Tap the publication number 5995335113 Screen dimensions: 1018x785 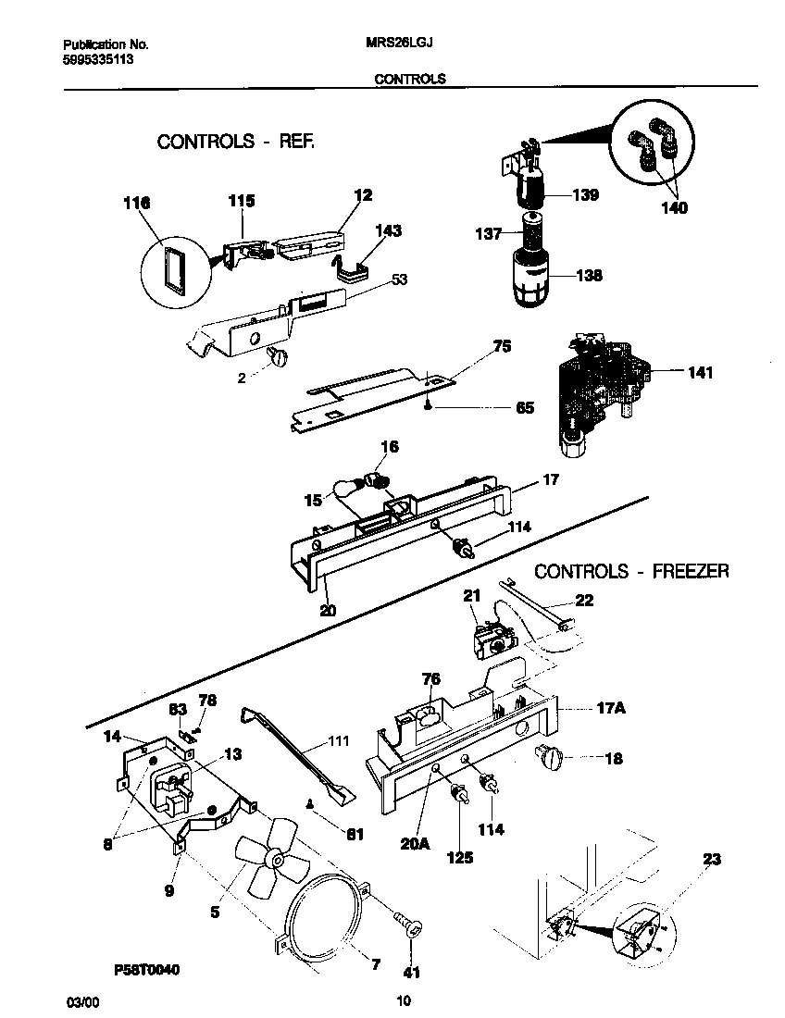[x=102, y=57]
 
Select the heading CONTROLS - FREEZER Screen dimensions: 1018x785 [x=631, y=571]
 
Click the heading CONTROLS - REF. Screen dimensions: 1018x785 [x=236, y=143]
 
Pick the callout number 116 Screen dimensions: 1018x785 [x=135, y=203]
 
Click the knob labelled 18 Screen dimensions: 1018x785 [x=551, y=759]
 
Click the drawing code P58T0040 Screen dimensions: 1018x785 [x=147, y=969]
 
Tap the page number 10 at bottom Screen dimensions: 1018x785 [x=403, y=1000]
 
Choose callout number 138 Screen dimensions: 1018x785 [x=589, y=275]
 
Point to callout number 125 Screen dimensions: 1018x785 [x=459, y=857]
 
